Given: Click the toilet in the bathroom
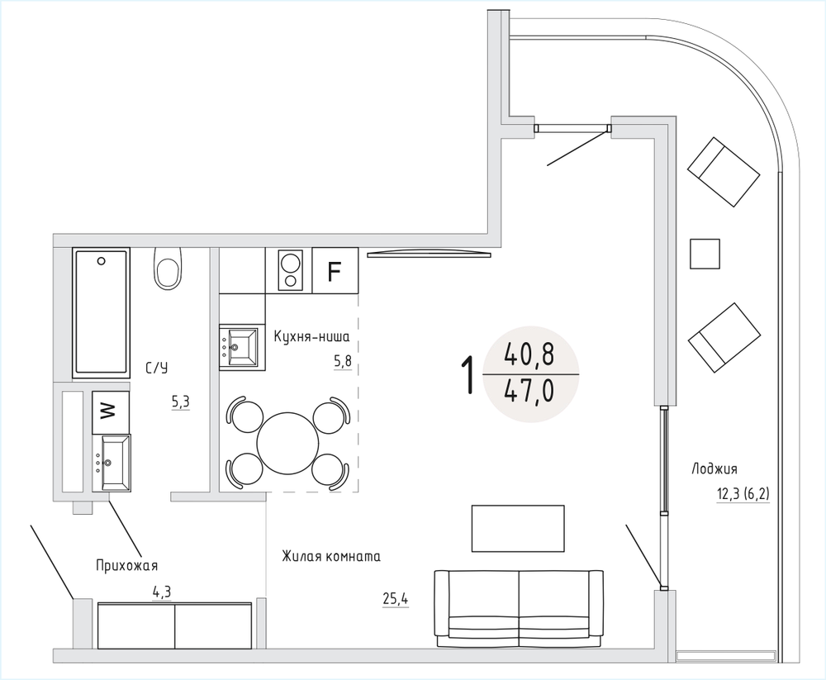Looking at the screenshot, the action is coord(168,268).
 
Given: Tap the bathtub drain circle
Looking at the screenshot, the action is coord(101,260).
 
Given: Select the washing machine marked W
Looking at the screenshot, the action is coord(110,412).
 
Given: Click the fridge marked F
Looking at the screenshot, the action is coord(335,270).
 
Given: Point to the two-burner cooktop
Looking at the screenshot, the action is coord(290,270).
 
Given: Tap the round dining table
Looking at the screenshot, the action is coord(287,443).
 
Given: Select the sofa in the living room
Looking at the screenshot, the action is coord(519,609).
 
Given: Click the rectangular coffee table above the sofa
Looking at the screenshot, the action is coord(518,528).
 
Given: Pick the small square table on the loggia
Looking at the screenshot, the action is coord(705,254).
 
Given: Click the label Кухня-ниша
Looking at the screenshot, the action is coord(312,336).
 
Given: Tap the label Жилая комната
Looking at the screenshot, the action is coord(331,556).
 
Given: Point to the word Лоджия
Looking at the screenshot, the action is coord(714,468).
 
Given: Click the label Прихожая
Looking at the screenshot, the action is coord(127,566).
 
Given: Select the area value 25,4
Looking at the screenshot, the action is coord(396,599).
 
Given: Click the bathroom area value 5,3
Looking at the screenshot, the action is coord(180,402).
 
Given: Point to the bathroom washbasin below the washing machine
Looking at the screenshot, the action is coord(112,463).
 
